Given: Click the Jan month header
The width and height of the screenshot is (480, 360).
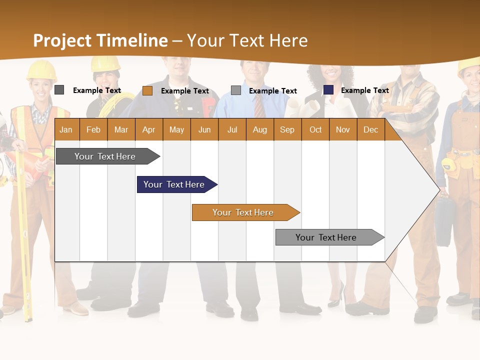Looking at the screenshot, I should pyautogui.click(x=66, y=129).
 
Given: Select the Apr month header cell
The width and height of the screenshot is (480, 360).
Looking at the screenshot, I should pyautogui.click(x=148, y=129).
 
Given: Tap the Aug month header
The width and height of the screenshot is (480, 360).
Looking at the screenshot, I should pyautogui.click(x=259, y=129).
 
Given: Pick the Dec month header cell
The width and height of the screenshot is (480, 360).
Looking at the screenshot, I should pyautogui.click(x=370, y=129).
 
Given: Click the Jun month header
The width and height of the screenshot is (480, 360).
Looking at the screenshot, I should pyautogui.click(x=204, y=129).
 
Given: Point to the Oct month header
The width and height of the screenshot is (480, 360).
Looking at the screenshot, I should pyautogui.click(x=315, y=129).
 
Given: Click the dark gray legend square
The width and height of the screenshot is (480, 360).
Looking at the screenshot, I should pyautogui.click(x=59, y=90).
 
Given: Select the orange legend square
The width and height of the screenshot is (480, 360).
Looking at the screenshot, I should pyautogui.click(x=147, y=90).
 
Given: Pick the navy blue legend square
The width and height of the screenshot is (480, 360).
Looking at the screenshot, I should pyautogui.click(x=328, y=90).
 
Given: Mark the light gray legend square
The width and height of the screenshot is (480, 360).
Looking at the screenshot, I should pyautogui.click(x=236, y=90).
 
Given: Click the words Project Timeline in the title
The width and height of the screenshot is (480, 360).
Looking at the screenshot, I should pyautogui.click(x=100, y=40).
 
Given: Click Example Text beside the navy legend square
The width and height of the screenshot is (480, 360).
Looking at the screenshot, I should pyautogui.click(x=364, y=90).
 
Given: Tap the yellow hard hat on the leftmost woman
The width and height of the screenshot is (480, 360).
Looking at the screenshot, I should pyautogui.click(x=41, y=70).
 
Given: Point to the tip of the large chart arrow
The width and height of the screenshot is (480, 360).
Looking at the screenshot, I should pyautogui.click(x=439, y=189).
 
